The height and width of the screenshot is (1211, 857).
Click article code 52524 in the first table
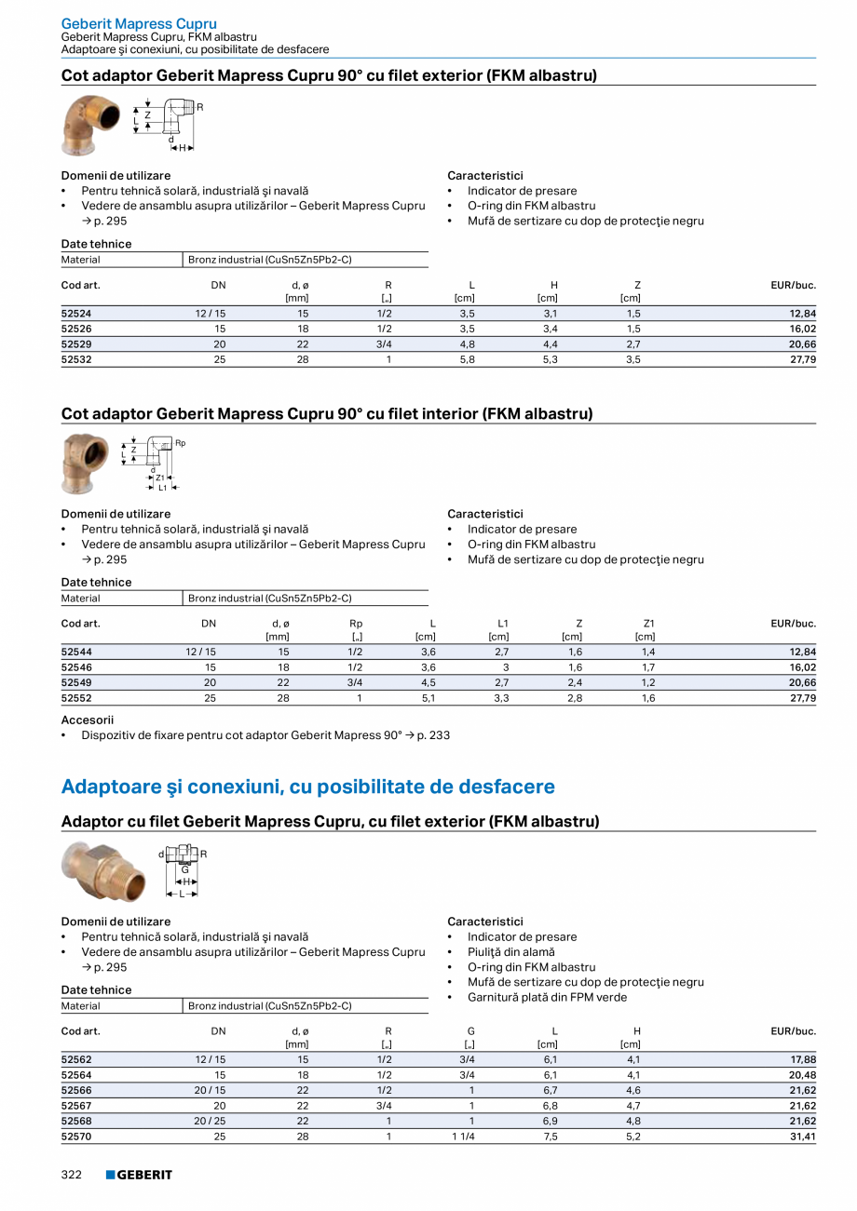tap(75, 314)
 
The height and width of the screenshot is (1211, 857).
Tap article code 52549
tap(75, 682)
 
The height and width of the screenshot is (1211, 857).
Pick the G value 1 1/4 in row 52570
tap(463, 1137)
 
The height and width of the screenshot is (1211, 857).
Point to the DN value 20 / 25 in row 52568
tap(210, 1121)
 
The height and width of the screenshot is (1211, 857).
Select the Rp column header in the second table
tap(356, 624)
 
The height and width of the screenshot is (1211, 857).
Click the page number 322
tap(72, 1175)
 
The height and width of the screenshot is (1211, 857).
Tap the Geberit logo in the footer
tap(139, 1175)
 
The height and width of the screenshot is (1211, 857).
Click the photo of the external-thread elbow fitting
tap(90, 125)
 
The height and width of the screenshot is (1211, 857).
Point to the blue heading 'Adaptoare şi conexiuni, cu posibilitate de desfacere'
tap(307, 787)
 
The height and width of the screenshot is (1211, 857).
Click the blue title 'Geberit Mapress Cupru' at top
tap(139, 23)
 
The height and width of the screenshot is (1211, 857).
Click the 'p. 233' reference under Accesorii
tap(433, 735)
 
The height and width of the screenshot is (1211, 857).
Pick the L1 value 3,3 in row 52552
tap(500, 697)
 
